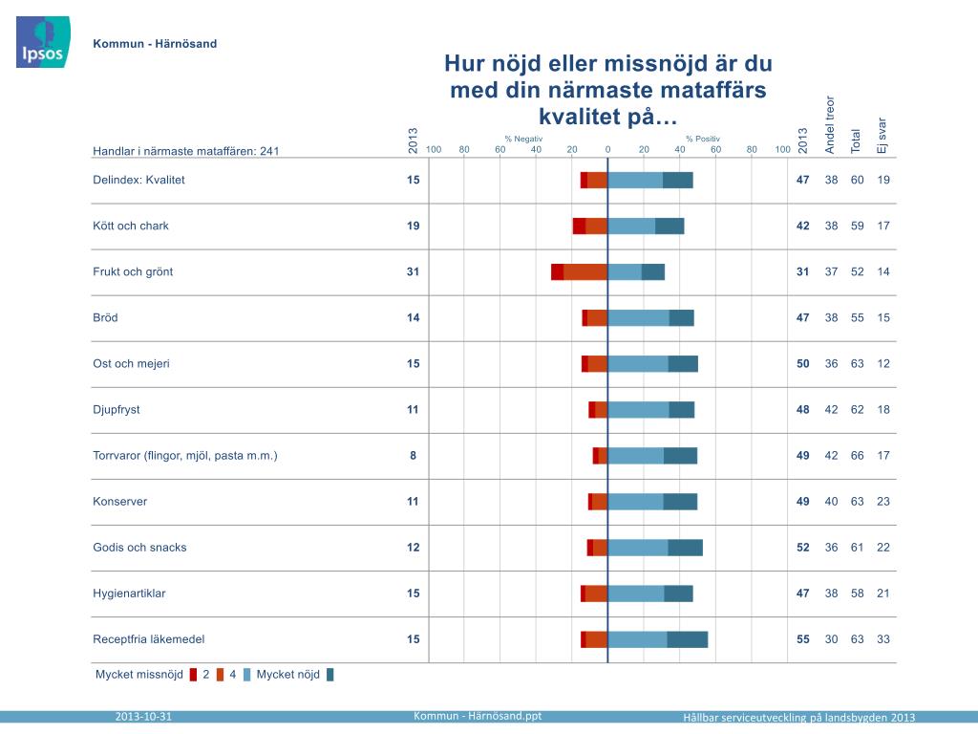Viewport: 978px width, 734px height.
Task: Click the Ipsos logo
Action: (x=40, y=43)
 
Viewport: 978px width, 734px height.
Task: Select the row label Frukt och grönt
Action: (x=133, y=271)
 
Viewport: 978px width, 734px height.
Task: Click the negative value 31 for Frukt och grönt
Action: (x=413, y=271)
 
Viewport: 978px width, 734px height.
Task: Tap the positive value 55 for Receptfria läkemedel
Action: (x=803, y=639)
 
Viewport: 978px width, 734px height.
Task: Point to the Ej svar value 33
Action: (x=882, y=639)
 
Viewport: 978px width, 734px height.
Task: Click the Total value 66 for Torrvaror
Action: (x=857, y=456)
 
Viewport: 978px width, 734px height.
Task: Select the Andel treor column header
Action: (x=830, y=124)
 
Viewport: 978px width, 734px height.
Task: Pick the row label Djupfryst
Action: (x=117, y=409)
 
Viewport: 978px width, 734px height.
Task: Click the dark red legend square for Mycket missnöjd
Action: (x=193, y=675)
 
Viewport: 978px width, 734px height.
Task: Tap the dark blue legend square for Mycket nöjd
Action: (x=330, y=675)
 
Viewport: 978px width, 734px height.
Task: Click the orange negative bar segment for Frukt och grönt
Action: (x=585, y=271)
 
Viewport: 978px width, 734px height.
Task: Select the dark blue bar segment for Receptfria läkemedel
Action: (x=688, y=639)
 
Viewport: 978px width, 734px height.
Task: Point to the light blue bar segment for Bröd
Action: (x=639, y=317)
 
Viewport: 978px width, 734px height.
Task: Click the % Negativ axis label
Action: (x=523, y=139)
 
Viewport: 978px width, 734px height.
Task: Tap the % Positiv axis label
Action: (x=702, y=139)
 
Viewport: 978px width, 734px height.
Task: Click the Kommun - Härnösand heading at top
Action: (x=155, y=44)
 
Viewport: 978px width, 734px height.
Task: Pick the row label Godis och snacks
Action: (x=139, y=548)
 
